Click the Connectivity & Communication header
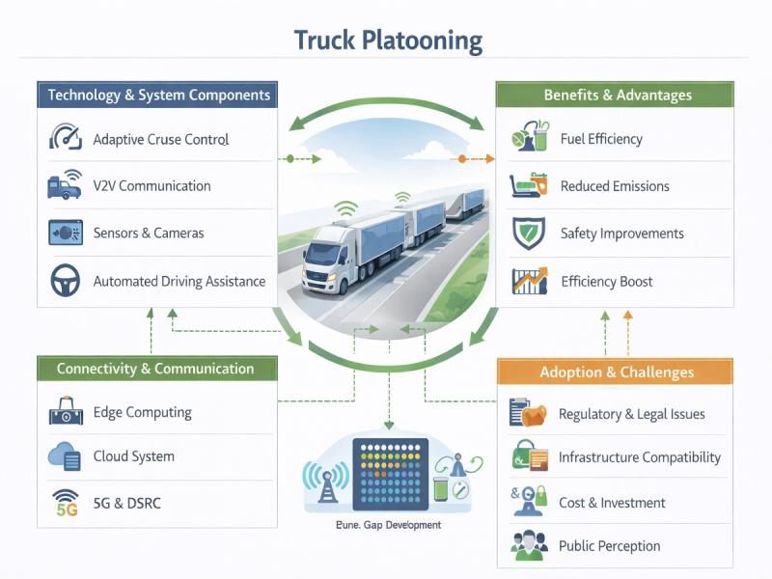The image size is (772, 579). tap(155, 369)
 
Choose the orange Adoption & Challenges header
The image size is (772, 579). tap(617, 372)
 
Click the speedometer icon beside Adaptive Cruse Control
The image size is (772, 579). tap(64, 138)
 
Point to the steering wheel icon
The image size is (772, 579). tap(64, 281)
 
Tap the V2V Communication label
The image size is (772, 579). tap(152, 186)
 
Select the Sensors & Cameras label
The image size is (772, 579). tap(148, 234)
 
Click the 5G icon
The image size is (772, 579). tap(65, 503)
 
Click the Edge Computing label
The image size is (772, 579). tap(142, 413)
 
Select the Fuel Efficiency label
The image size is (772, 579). tap(601, 139)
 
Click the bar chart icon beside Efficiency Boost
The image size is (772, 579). tap(529, 281)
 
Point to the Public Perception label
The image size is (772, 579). tap(609, 546)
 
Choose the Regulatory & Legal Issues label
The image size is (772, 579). tap(631, 414)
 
